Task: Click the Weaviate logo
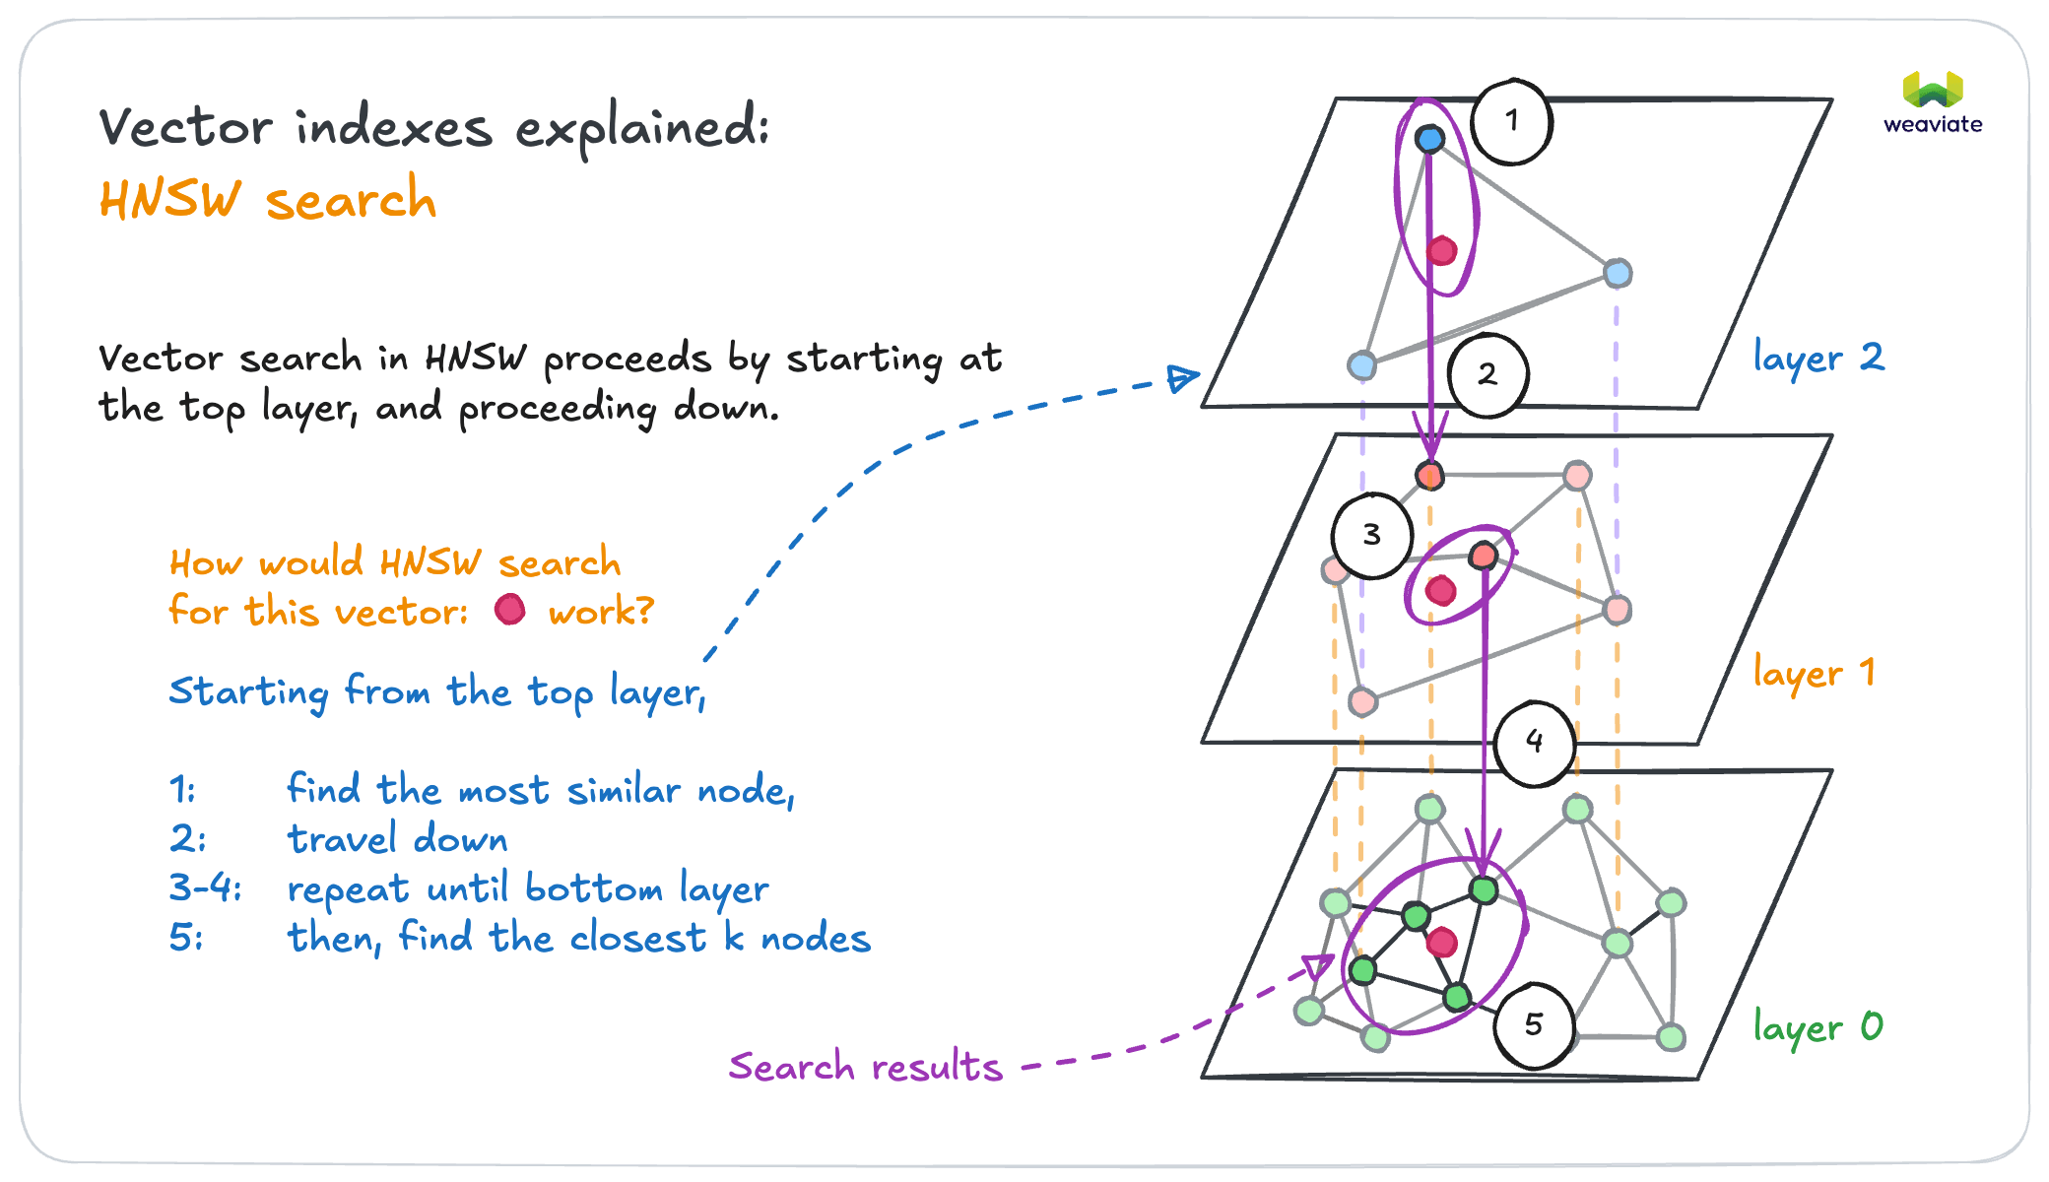tap(1932, 102)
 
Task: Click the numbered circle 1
tap(1511, 121)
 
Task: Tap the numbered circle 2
tap(1487, 374)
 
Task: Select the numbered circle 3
tap(1371, 535)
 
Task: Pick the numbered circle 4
tap(1534, 742)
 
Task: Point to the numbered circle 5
tap(1533, 1025)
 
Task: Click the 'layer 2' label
tap(1818, 358)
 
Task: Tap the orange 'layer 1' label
tap(1814, 674)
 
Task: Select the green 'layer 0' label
tap(1818, 1027)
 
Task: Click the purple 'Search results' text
tap(865, 1067)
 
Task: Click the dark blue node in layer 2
tap(1429, 139)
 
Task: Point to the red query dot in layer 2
tap(1442, 250)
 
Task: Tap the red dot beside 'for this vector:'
tap(510, 610)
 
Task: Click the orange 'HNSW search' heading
tap(268, 199)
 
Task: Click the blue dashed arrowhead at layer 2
tap(1182, 377)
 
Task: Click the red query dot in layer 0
tap(1442, 942)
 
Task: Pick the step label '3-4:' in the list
tap(205, 888)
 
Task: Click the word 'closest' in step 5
tap(637, 938)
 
